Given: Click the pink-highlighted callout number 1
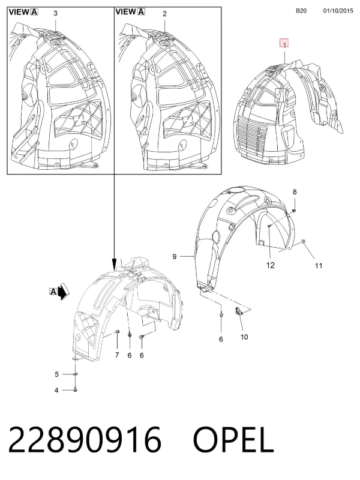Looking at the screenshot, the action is [284, 44].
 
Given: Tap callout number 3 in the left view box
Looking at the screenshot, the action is [55, 13].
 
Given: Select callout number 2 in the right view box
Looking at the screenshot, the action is [164, 13].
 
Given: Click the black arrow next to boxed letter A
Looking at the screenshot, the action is [64, 292].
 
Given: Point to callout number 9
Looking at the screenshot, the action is [175, 256].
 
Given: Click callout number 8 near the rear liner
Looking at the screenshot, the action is [295, 192].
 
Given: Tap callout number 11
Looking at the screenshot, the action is [319, 266].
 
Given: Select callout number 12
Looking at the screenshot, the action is [271, 265].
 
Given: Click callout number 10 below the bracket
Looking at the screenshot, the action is [244, 337].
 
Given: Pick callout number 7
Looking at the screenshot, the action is [117, 355].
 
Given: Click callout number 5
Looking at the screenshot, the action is [56, 374].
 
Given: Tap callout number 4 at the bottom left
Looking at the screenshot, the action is [56, 391].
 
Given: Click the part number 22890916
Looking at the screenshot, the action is [85, 440].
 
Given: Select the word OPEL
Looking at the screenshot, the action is [233, 440].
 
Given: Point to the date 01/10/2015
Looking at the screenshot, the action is [338, 11].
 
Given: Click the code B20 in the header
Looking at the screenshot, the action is [301, 11].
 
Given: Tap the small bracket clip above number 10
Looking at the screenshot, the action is [238, 311].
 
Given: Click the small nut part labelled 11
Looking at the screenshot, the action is [303, 242].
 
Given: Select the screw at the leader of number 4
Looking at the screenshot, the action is [76, 389].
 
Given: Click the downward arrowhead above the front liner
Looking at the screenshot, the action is [114, 264].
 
